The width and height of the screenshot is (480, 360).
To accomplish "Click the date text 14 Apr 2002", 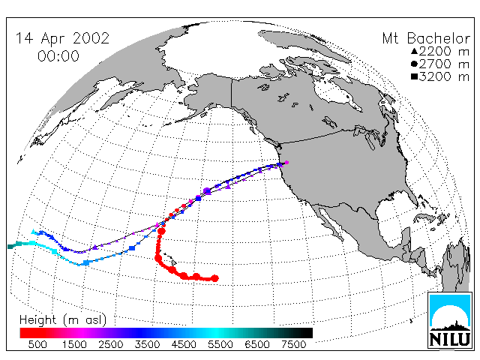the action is (62, 38).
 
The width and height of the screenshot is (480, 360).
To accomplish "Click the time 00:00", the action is (58, 56).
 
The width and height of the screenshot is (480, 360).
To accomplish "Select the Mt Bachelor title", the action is (426, 38).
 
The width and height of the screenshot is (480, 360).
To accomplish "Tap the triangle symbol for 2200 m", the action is (414, 51).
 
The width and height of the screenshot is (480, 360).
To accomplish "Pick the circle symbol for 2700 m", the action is (414, 64).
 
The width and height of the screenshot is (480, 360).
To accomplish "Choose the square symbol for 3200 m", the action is (414, 76).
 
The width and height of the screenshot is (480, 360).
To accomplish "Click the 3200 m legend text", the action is (444, 76).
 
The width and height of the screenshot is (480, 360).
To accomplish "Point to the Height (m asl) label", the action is (63, 320).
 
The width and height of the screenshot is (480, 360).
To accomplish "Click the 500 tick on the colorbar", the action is (37, 345).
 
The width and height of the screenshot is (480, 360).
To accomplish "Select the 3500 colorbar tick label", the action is (147, 345).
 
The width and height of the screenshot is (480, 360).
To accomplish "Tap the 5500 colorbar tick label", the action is (220, 345).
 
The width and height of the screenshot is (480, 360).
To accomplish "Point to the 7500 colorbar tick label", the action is (293, 345).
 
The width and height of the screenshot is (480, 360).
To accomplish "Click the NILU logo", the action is (449, 320).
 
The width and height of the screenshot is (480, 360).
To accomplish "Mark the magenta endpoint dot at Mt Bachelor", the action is (286, 163).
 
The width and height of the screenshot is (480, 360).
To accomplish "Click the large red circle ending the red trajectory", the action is (215, 278).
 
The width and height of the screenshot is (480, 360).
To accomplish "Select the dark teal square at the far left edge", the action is (10, 247).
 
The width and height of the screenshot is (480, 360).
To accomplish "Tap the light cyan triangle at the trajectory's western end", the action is (33, 232).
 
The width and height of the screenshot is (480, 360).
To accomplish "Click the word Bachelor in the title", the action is (438, 38).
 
